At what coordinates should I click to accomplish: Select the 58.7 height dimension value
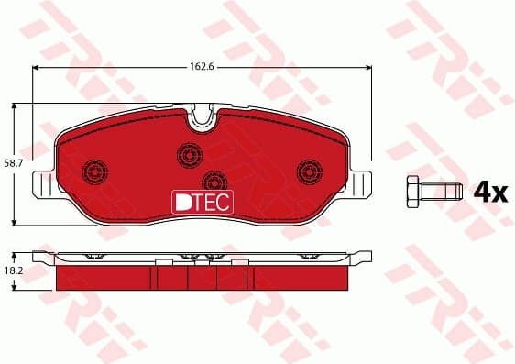pyautogui.click(x=13, y=162)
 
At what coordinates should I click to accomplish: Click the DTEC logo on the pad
pyautogui.click(x=203, y=201)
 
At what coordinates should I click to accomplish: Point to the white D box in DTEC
pyautogui.click(x=181, y=201)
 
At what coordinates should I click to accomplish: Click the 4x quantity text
pyautogui.click(x=489, y=192)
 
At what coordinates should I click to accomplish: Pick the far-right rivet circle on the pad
pyautogui.click(x=310, y=171)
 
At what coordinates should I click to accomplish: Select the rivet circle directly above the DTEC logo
pyautogui.click(x=214, y=180)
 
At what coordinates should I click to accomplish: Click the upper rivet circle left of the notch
pyautogui.click(x=191, y=152)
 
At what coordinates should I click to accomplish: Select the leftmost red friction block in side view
pyautogui.click(x=105, y=276)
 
